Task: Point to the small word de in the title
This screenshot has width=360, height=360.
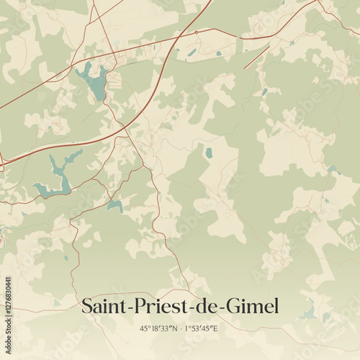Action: click(199, 306)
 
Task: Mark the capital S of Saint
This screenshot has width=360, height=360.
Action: click(86, 306)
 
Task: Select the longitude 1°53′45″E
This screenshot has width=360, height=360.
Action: click(201, 328)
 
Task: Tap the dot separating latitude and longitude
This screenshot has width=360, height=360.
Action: click(179, 328)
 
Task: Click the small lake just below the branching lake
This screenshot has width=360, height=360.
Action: click(114, 206)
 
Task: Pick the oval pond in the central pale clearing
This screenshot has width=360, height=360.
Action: click(209, 153)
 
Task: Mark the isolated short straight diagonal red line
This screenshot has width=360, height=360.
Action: click(256, 58)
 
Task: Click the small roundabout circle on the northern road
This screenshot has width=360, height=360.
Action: click(197, 33)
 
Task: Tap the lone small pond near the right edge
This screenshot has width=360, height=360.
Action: click(332, 170)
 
